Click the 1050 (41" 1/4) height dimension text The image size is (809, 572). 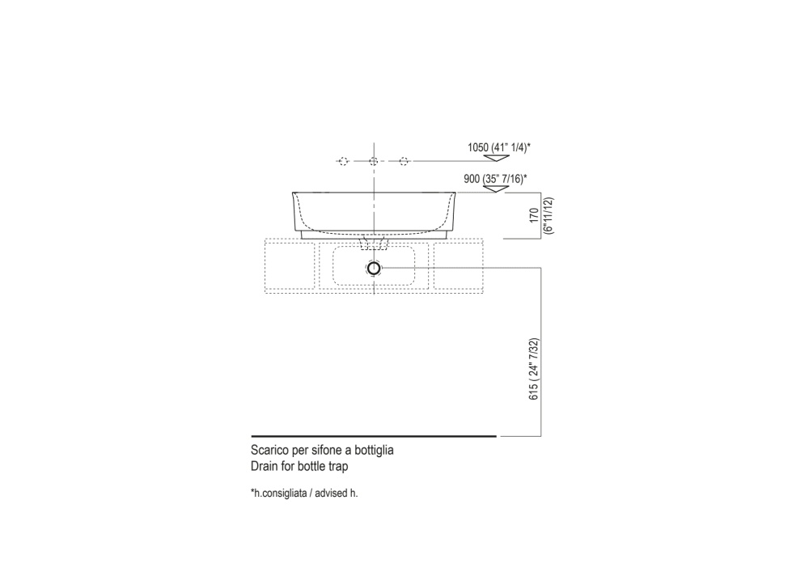(498, 147)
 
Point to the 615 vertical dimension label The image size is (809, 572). (534, 368)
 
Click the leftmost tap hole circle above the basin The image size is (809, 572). (342, 162)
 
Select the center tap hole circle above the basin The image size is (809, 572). (373, 162)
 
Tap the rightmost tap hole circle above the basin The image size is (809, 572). (404, 162)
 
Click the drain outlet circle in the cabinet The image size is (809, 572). (373, 267)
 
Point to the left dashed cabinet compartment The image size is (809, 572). (289, 264)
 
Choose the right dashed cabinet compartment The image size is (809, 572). (459, 264)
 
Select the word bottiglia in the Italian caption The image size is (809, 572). (374, 450)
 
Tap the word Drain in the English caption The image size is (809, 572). (264, 467)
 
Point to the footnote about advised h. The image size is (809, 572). (304, 493)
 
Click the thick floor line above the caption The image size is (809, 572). (372, 436)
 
